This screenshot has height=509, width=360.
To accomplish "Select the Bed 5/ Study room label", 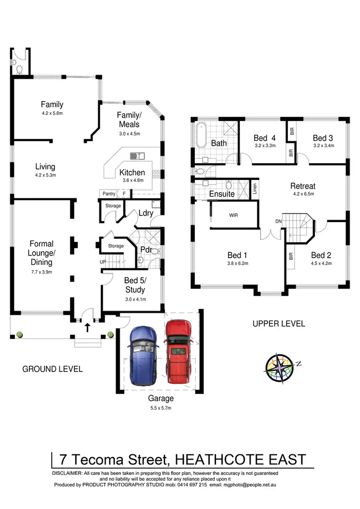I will click(x=134, y=285).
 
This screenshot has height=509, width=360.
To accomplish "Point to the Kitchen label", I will click(x=132, y=172).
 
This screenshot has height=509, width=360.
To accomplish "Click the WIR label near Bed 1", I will click(x=234, y=215).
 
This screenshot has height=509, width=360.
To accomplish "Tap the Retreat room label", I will click(x=302, y=186).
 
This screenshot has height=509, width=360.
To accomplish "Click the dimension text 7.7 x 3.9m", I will click(x=41, y=272).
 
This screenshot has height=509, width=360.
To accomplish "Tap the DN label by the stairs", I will click(x=278, y=221).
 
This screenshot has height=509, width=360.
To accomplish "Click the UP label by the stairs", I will click(x=102, y=262).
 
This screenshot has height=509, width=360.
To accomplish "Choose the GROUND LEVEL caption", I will click(x=52, y=369).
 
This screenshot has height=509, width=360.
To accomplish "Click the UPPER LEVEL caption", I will click(x=278, y=324).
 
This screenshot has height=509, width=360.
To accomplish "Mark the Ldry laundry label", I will click(x=145, y=213).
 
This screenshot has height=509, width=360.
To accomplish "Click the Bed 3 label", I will click(x=323, y=138).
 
